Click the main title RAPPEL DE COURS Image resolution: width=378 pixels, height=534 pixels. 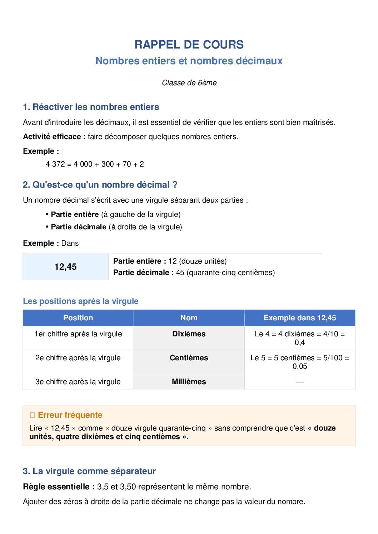(x=189, y=45)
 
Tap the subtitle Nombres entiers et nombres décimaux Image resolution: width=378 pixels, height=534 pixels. (x=189, y=61)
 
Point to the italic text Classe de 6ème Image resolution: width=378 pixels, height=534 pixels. (x=189, y=83)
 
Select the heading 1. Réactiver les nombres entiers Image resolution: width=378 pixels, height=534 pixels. (x=91, y=107)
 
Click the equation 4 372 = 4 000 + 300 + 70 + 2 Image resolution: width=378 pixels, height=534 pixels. (x=95, y=164)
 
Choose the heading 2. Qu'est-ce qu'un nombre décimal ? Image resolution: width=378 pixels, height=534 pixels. (x=100, y=185)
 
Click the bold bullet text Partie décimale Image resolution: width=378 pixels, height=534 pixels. (x=79, y=227)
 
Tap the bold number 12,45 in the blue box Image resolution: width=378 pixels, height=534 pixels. (x=65, y=267)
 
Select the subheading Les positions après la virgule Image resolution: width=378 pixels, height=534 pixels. (x=80, y=301)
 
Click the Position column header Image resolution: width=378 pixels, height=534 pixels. (x=78, y=318)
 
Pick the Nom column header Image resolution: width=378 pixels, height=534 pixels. (x=189, y=318)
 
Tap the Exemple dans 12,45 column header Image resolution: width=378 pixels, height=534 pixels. (x=300, y=318)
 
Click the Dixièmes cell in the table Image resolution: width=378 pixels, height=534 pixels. (x=189, y=334)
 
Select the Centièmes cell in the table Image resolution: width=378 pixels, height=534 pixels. (x=189, y=358)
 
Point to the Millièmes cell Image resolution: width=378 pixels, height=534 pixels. (x=189, y=382)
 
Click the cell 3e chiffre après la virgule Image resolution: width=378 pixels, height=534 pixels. (x=78, y=382)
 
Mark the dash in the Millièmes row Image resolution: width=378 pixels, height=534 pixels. (x=300, y=382)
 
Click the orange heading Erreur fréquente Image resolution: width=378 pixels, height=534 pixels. (x=70, y=415)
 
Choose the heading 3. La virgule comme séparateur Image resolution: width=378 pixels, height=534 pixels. (x=89, y=471)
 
